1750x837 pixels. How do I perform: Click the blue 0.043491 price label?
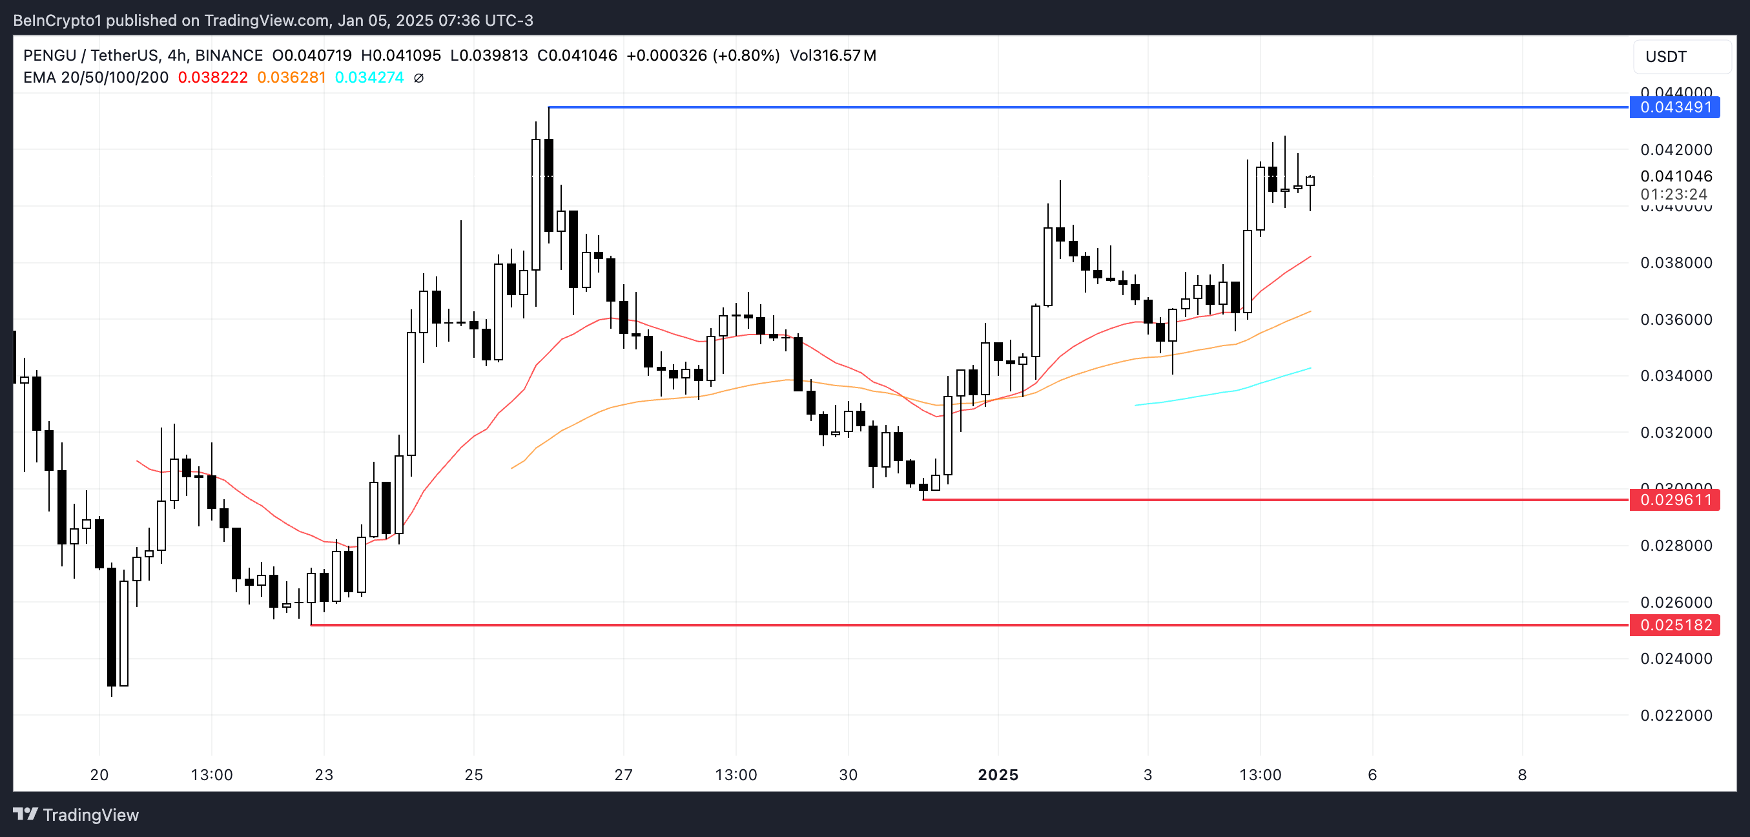click(x=1674, y=107)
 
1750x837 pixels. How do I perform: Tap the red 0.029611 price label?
click(x=1674, y=500)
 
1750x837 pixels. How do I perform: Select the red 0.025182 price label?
click(x=1674, y=625)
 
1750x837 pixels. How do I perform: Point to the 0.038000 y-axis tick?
click(x=1676, y=263)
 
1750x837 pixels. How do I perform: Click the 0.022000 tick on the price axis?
click(x=1676, y=716)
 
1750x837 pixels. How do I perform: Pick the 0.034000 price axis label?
click(x=1676, y=376)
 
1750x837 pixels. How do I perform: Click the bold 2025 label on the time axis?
click(x=997, y=774)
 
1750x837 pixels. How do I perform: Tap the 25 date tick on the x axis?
click(x=473, y=774)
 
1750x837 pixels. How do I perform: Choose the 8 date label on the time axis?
click(x=1522, y=774)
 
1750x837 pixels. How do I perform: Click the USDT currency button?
click(x=1666, y=57)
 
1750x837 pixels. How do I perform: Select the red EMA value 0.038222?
click(x=212, y=77)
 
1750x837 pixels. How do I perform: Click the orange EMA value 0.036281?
click(x=291, y=77)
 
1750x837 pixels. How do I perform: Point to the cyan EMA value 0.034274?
click(x=369, y=77)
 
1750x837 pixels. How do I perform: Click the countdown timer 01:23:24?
click(x=1673, y=194)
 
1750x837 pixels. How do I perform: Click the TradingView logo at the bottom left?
click(x=76, y=814)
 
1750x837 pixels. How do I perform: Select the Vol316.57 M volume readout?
click(x=832, y=56)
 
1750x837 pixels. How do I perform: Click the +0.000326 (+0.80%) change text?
click(x=703, y=56)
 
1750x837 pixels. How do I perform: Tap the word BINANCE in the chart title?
click(x=229, y=56)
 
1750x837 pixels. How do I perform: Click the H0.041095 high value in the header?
click(x=401, y=56)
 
